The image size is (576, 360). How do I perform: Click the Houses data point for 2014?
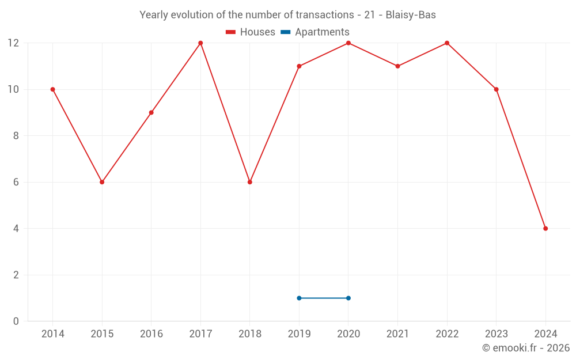52,89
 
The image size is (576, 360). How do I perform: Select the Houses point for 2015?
102,182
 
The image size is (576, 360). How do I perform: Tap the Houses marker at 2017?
200,43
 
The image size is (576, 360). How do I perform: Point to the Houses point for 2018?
250,182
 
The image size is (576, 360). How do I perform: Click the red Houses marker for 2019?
299,66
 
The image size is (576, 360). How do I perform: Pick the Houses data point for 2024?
545,229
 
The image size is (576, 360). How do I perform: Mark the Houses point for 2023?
496,89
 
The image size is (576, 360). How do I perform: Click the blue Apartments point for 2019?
299,298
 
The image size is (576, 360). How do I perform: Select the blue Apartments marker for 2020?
348,298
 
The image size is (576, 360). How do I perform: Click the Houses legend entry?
251,32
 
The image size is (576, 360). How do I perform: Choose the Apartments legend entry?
315,32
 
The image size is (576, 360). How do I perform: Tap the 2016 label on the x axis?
151,334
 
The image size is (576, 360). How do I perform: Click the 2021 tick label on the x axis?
397,334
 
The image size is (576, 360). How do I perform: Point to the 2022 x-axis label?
447,334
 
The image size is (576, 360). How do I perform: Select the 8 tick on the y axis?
16,136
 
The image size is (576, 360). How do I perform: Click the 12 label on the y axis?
13,43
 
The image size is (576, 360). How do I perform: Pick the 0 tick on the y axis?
16,321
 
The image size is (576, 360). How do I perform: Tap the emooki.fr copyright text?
526,348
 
